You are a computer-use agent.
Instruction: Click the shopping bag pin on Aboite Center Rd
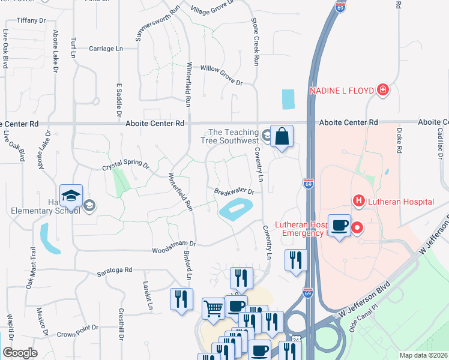(x=282, y=137)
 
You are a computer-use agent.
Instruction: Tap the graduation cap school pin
(x=71, y=196)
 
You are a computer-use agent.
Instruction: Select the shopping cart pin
(x=213, y=309)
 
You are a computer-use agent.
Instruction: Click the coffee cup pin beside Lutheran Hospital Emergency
(x=339, y=226)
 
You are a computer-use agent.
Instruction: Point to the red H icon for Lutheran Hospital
(x=359, y=201)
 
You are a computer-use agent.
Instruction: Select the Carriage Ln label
(x=106, y=49)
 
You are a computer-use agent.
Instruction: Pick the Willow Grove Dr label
(x=221, y=76)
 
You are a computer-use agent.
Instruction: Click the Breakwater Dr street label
(x=235, y=192)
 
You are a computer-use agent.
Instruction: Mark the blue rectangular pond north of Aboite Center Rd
(x=288, y=99)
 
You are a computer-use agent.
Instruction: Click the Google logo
(x=20, y=353)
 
